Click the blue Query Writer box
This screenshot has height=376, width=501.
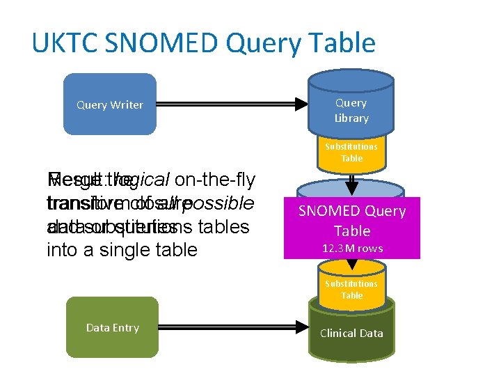click(110, 104)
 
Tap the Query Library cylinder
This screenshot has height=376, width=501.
click(351, 109)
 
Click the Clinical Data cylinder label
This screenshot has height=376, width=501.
click(351, 333)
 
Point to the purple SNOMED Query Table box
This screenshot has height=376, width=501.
click(351, 222)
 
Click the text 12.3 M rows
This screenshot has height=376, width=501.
click(351, 248)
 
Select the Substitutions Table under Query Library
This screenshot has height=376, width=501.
click(351, 152)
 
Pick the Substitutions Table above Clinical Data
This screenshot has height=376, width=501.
click(351, 290)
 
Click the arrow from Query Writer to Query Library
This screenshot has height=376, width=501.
click(230, 104)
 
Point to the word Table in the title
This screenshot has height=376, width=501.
click(340, 43)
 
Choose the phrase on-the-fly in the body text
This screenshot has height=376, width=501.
click(215, 180)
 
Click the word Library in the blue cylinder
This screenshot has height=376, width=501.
click(351, 118)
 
